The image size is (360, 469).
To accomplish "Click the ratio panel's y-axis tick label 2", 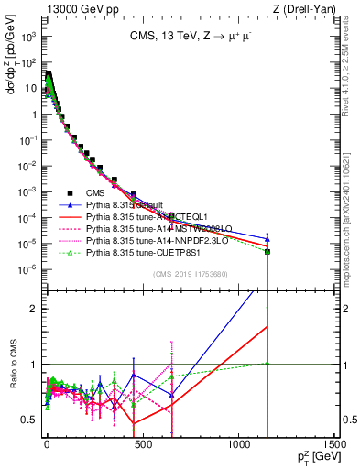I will coord(33,308).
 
